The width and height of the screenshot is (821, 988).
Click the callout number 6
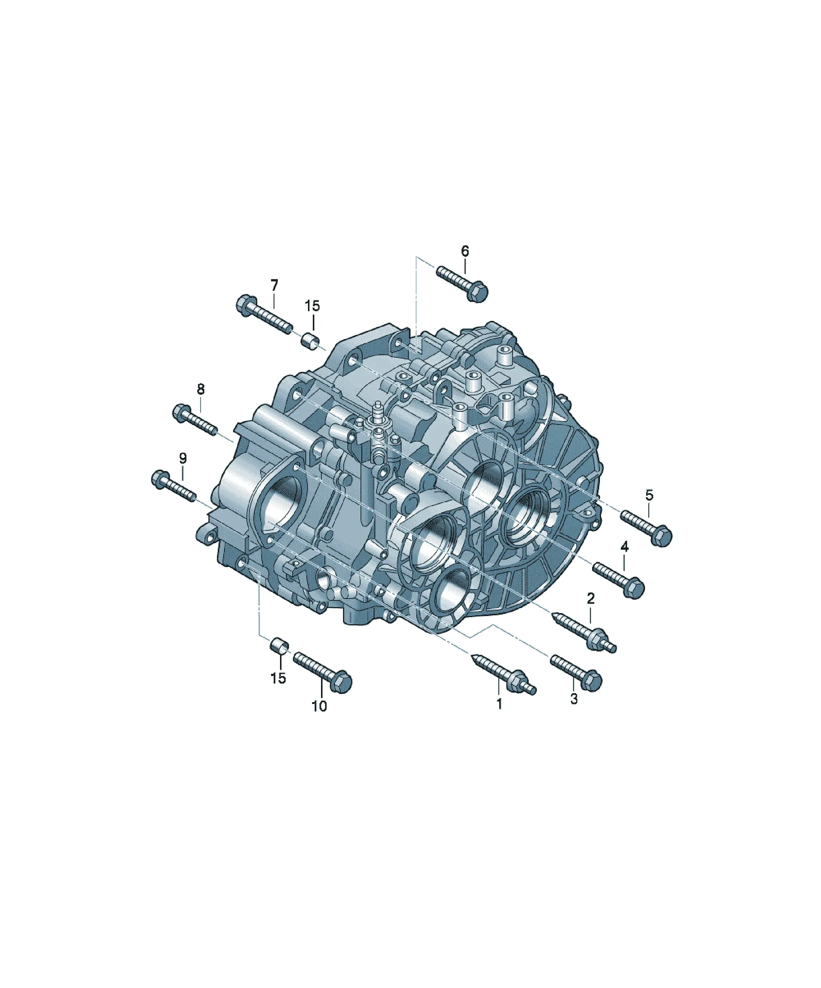[x=465, y=251]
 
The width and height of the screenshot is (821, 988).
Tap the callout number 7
[x=274, y=285]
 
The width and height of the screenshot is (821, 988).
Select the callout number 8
[x=201, y=389]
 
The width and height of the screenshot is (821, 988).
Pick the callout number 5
[x=649, y=495]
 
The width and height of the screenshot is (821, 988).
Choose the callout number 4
[x=624, y=546]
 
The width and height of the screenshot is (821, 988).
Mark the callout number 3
[x=574, y=699]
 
